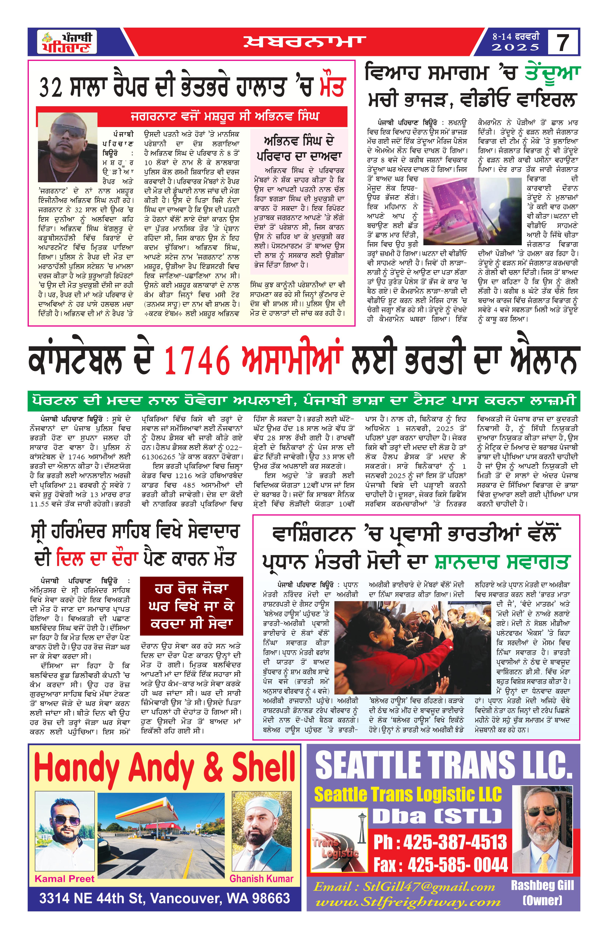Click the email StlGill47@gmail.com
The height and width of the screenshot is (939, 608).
[x=404, y=887]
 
